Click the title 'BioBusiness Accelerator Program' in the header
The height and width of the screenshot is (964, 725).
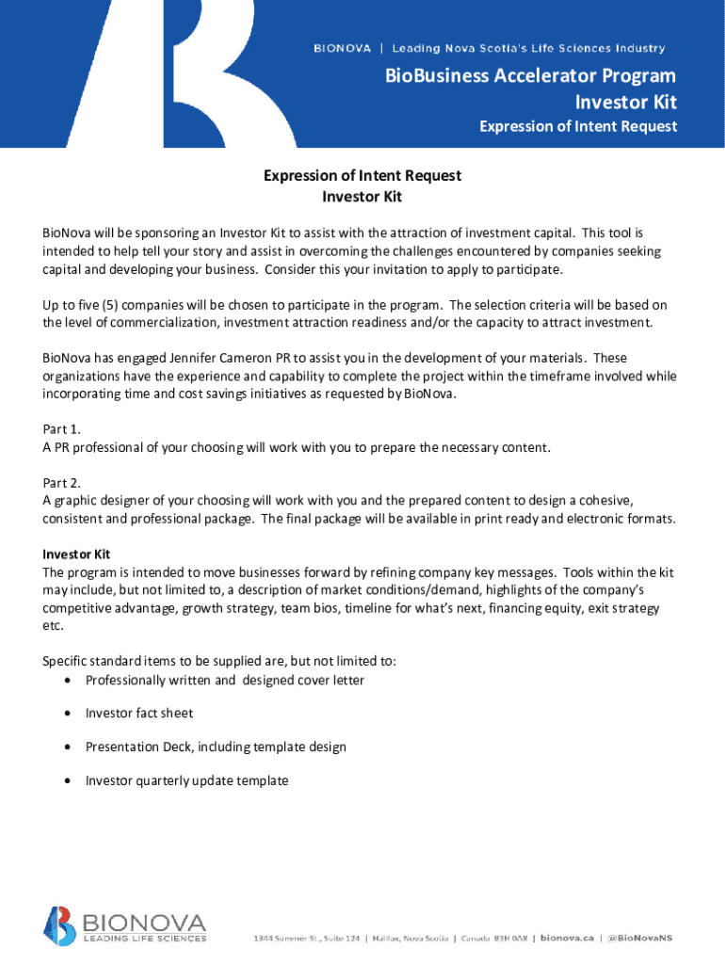tap(570, 76)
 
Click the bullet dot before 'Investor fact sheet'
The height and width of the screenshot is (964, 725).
tap(69, 714)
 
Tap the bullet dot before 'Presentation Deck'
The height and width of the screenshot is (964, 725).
tap(69, 747)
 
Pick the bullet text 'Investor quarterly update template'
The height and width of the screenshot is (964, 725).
tap(186, 780)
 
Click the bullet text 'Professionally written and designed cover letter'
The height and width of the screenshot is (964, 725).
tap(224, 680)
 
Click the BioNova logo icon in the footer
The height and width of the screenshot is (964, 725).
tap(57, 925)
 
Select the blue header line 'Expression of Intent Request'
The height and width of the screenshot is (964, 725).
tap(578, 126)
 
